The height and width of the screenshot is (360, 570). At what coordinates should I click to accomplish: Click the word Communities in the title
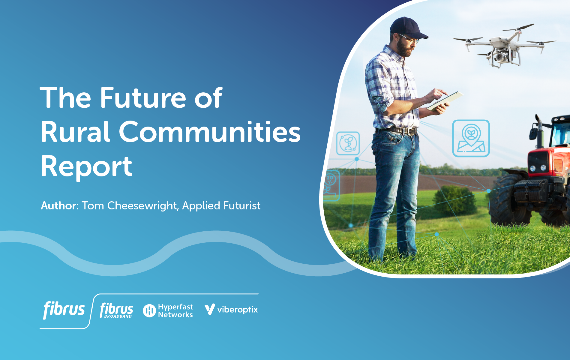[210, 132]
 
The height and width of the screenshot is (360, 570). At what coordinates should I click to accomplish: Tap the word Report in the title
[86, 167]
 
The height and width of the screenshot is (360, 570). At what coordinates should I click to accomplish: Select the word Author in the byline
[60, 205]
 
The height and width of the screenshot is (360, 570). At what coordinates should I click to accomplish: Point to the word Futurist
[242, 205]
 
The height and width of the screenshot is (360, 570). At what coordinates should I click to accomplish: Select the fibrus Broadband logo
[116, 310]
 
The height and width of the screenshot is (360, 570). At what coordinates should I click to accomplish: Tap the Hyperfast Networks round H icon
[149, 310]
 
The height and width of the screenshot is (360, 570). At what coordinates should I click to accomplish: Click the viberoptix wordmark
[237, 310]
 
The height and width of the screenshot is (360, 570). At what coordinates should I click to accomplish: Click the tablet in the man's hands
[445, 101]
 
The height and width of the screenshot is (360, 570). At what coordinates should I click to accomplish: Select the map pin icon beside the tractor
[471, 138]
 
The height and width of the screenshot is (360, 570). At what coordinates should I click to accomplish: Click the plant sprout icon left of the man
[348, 143]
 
